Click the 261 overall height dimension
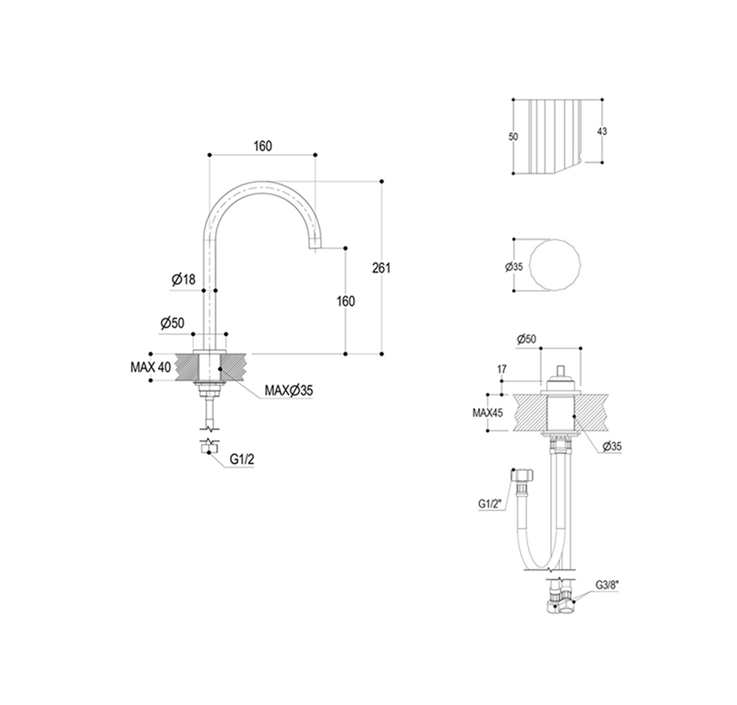pos(381,268)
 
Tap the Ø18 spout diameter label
pos(184,280)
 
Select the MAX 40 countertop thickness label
pos(151,367)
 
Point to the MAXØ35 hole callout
pos(288,391)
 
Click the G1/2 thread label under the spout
pos(242,460)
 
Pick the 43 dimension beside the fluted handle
pos(602,131)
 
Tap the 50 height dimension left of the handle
pos(513,137)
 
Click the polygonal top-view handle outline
pos(555,266)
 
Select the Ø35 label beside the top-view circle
pos(514,266)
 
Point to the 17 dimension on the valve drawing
pos(502,370)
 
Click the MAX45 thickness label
pos(488,413)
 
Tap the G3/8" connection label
pos(607,585)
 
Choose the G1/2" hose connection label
pos(491,504)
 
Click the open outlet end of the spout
pos(315,248)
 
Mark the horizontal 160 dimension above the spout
pos(263,146)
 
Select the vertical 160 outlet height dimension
pos(346,301)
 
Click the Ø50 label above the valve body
pos(527,339)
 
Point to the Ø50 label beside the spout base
pos(172,323)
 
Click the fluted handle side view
pos(556,137)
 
